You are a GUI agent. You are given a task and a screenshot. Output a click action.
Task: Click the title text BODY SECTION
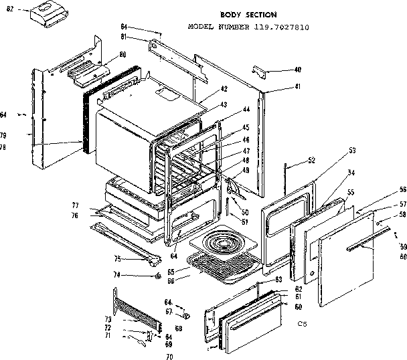click(248, 14)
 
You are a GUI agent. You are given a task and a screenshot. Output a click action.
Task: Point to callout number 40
click(297, 70)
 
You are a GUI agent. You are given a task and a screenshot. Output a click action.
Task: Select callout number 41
click(297, 88)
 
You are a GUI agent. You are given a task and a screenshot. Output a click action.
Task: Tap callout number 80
click(123, 54)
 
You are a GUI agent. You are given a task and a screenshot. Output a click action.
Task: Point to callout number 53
click(351, 152)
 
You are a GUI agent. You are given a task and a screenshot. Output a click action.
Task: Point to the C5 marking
click(303, 325)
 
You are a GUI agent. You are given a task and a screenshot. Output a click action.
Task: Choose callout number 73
click(107, 319)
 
